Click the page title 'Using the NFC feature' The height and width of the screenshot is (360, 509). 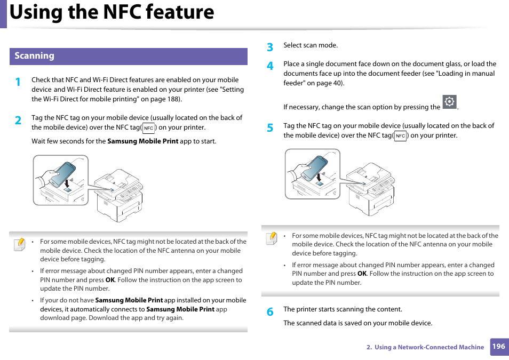(x=112, y=12)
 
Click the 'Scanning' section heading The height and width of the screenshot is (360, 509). (x=34, y=56)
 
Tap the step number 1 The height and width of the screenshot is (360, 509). (x=18, y=82)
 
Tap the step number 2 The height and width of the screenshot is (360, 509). (x=18, y=121)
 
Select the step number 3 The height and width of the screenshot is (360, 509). (x=270, y=47)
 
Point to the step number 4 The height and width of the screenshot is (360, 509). (x=270, y=66)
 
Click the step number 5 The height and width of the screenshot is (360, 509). (x=270, y=128)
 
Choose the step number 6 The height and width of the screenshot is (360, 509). (x=270, y=312)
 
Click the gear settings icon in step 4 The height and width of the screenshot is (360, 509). (x=449, y=102)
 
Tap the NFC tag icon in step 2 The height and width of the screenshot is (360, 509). (x=148, y=128)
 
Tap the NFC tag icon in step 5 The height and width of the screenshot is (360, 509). (x=400, y=136)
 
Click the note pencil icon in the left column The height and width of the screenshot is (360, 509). (x=20, y=244)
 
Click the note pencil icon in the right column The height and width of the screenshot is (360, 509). (x=272, y=238)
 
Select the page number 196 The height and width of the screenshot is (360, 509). (x=498, y=347)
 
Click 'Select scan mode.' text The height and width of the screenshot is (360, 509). (x=310, y=46)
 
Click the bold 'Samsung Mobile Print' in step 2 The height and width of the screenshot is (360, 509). (x=142, y=142)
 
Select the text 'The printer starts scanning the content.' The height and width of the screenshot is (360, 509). (x=343, y=309)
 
